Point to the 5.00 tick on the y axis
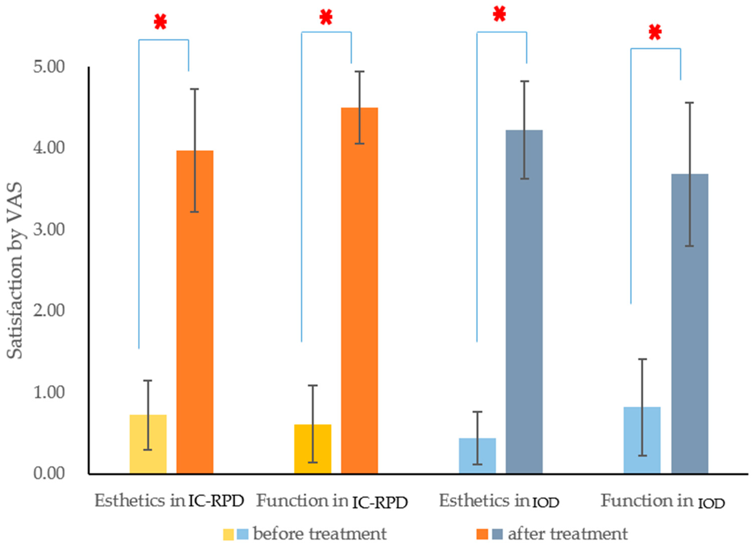click(x=49, y=67)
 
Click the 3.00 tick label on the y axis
click(x=49, y=229)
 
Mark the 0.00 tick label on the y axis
click(x=49, y=473)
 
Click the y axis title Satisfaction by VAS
click(x=15, y=271)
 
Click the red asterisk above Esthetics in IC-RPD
click(x=160, y=23)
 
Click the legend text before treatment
click(x=320, y=534)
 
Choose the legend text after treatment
click(x=568, y=534)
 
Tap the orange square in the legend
click(x=482, y=534)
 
